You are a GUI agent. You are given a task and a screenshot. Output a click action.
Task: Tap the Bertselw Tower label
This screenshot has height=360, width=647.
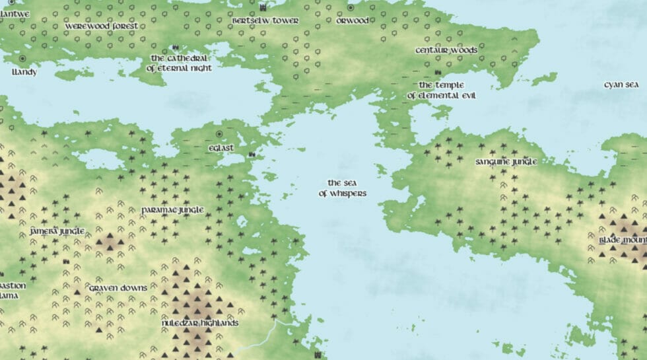click(x=265, y=21)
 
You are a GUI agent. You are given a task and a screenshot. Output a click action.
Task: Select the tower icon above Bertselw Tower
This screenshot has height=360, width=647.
click(x=264, y=7)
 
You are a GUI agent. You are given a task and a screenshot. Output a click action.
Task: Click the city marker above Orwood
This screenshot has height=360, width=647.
click(x=351, y=7)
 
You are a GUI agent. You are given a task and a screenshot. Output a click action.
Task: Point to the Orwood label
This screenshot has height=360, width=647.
click(x=353, y=21)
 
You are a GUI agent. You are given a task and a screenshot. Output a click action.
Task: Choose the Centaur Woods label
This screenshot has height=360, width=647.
click(x=446, y=50)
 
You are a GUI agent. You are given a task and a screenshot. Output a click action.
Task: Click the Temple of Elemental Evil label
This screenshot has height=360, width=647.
click(x=441, y=90)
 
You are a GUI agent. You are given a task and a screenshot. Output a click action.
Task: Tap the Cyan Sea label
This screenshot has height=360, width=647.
click(x=621, y=85)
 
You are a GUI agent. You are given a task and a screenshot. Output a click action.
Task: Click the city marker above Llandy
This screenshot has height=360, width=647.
click(x=22, y=59)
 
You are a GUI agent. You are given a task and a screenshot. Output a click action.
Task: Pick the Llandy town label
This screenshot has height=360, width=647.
click(x=24, y=72)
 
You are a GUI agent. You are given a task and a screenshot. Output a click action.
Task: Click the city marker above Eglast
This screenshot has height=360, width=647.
click(x=219, y=134)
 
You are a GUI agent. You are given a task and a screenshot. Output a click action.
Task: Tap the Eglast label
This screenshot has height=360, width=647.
click(x=221, y=148)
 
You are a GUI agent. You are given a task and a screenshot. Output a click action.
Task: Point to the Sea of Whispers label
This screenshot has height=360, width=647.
click(x=342, y=188)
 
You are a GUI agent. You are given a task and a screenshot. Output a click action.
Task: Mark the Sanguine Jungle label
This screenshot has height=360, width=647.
click(x=506, y=162)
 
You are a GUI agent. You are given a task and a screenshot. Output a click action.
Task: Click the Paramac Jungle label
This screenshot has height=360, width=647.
click(x=172, y=210)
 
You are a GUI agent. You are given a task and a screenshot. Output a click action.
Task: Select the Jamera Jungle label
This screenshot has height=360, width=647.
click(x=57, y=231)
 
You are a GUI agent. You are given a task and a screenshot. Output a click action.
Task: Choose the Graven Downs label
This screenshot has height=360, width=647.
click(x=118, y=289)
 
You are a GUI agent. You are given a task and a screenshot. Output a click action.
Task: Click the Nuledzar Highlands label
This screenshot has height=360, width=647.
click(x=200, y=323)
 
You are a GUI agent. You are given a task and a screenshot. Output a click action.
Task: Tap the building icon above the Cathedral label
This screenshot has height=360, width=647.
click(x=175, y=48)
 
